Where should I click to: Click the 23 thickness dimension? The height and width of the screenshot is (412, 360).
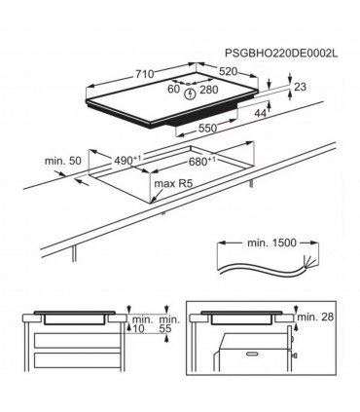click(301, 89)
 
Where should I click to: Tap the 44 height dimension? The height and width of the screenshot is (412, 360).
click(262, 114)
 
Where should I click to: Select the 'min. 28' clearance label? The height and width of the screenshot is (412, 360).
click(317, 318)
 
